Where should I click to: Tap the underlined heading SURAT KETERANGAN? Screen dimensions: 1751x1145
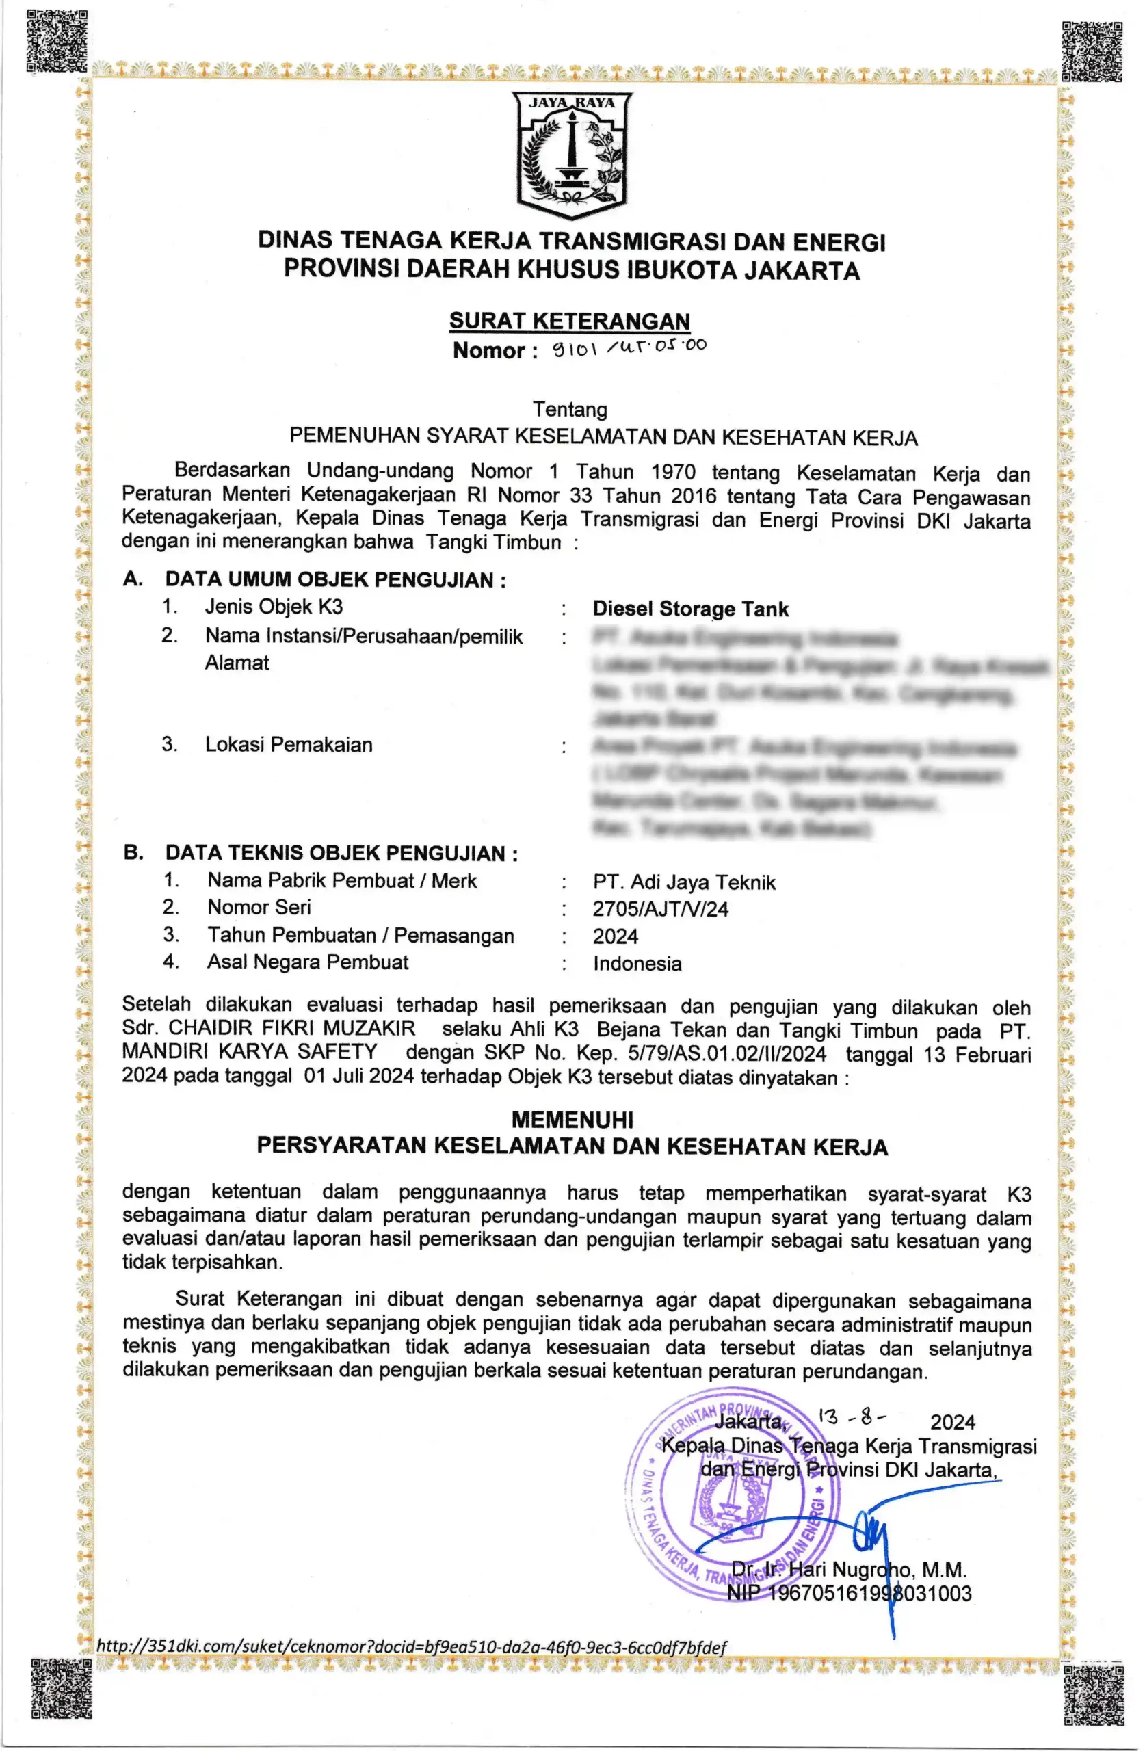coord(570,321)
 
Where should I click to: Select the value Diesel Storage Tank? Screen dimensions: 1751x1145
coord(690,609)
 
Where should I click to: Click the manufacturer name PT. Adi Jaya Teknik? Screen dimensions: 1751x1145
coord(685,882)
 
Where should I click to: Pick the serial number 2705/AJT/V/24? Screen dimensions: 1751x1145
coord(660,909)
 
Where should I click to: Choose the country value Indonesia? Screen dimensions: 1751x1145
coord(637,964)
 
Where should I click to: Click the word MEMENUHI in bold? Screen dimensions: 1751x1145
coord(572,1120)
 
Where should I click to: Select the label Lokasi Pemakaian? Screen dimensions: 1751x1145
coord(289,745)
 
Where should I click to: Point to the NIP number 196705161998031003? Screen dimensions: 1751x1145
coord(850,1594)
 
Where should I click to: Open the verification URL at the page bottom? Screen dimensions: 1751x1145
coord(411,1647)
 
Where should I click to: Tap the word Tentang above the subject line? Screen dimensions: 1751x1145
coord(570,409)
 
